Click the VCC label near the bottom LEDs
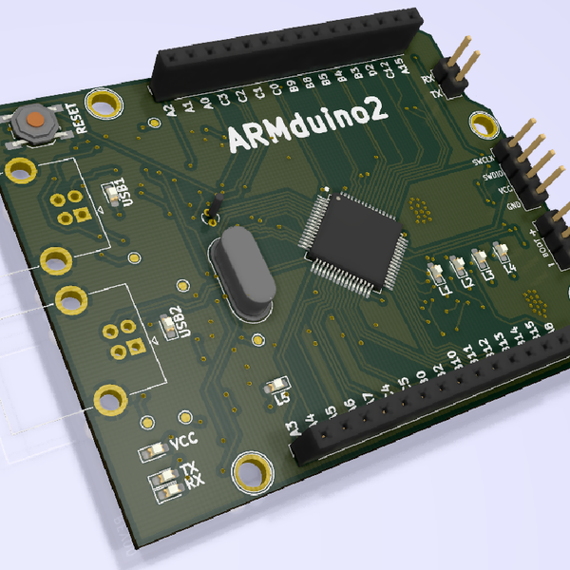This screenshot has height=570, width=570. tap(185, 443)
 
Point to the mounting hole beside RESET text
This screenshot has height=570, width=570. tap(104, 101)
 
